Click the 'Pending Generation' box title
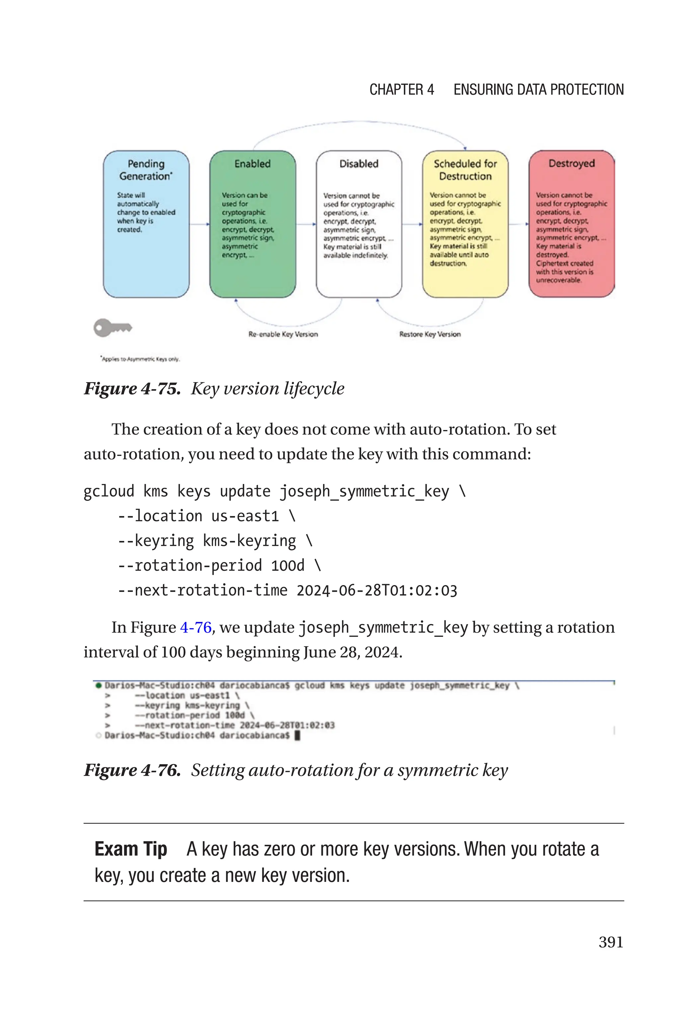pyautogui.click(x=146, y=170)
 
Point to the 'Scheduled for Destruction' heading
pyautogui.click(x=465, y=170)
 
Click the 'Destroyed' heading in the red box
pyautogui.click(x=571, y=163)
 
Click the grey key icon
pyautogui.click(x=112, y=327)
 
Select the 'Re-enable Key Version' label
pyautogui.click(x=283, y=334)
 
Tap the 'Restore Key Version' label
pyautogui.click(x=430, y=334)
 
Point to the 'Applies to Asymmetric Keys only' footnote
pyautogui.click(x=140, y=359)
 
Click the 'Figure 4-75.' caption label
pyautogui.click(x=132, y=388)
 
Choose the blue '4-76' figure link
pyautogui.click(x=196, y=627)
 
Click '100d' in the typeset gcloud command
pyautogui.click(x=288, y=566)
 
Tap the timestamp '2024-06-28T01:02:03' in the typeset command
pyautogui.click(x=377, y=590)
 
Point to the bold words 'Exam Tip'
pyautogui.click(x=130, y=849)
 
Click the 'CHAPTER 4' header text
pyautogui.click(x=401, y=90)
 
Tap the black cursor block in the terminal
pyautogui.click(x=297, y=735)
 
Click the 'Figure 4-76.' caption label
pyautogui.click(x=132, y=770)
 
